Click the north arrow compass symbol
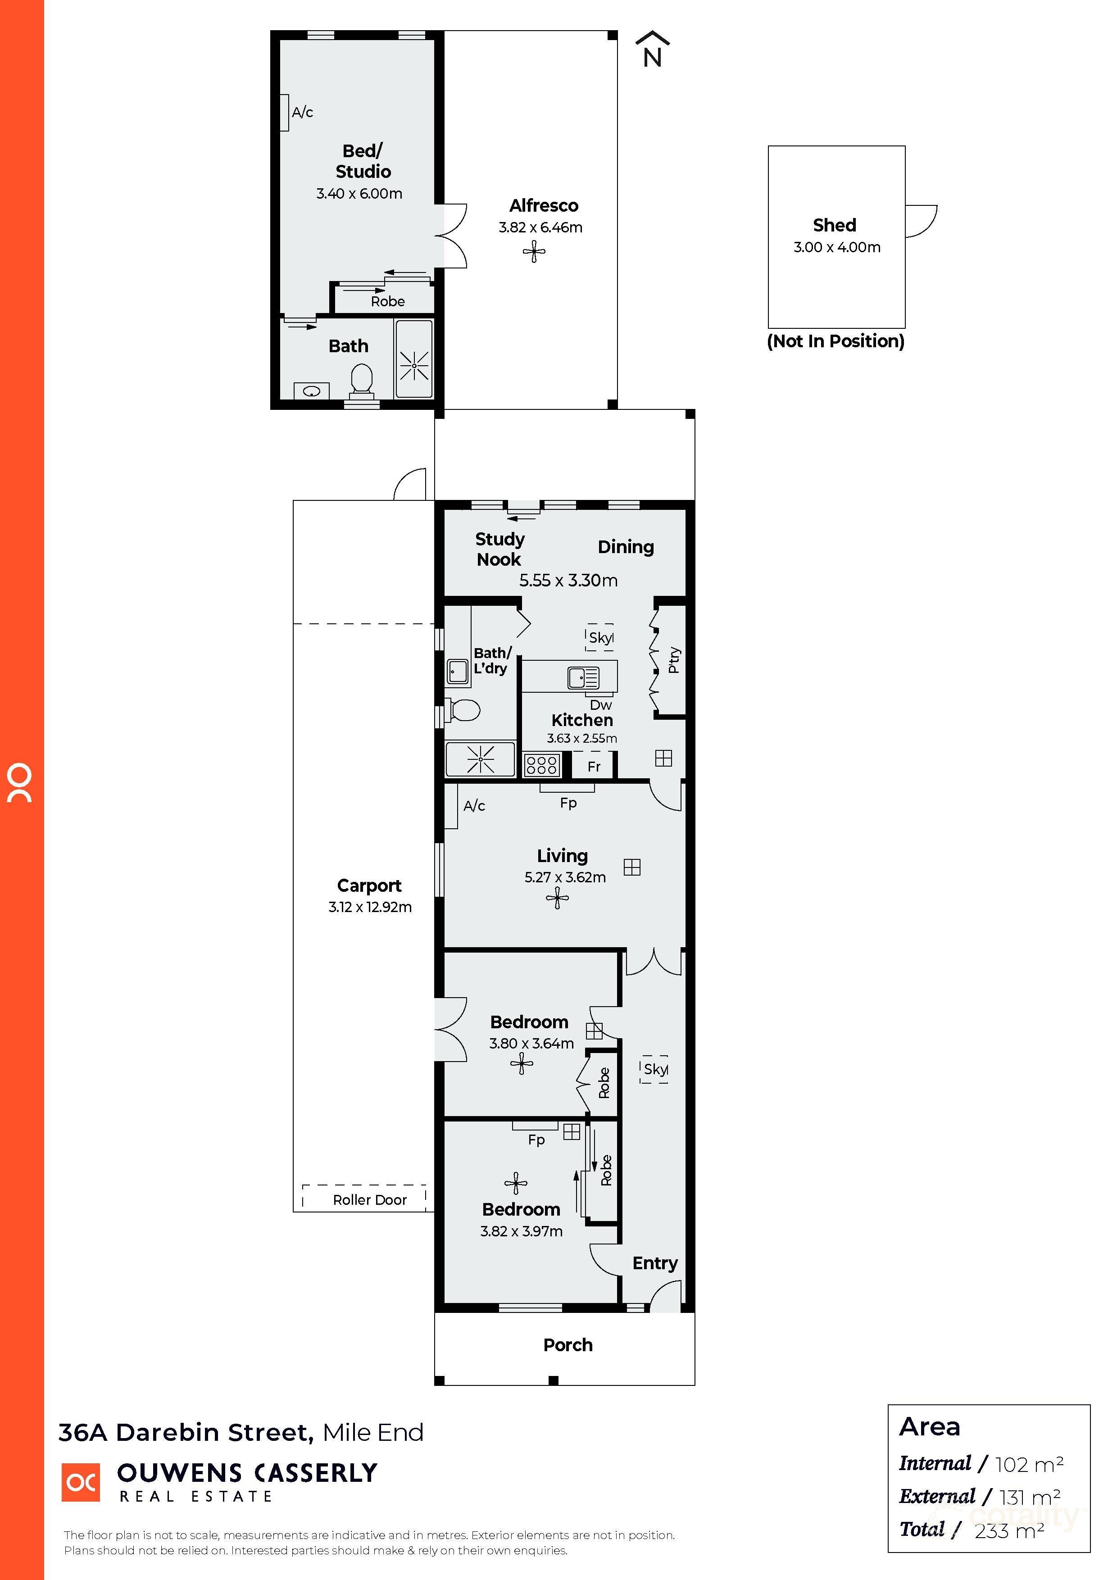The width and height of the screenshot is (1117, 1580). (x=652, y=50)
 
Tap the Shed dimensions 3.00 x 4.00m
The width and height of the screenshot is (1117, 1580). (x=836, y=248)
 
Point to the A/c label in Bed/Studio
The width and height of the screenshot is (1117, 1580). (x=302, y=112)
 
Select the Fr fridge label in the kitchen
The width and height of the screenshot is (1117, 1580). (x=594, y=767)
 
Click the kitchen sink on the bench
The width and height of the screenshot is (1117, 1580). (x=583, y=678)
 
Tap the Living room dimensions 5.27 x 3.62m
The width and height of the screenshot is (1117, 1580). (x=565, y=877)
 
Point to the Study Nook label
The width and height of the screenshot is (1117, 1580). (x=499, y=549)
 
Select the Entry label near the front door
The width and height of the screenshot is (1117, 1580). (x=654, y=1263)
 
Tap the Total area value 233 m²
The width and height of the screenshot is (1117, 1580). (x=1008, y=1532)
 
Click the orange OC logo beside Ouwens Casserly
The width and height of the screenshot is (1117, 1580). (x=81, y=1482)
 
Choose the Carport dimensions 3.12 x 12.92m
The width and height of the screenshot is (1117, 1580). (x=370, y=908)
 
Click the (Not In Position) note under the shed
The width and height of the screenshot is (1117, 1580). (x=835, y=341)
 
